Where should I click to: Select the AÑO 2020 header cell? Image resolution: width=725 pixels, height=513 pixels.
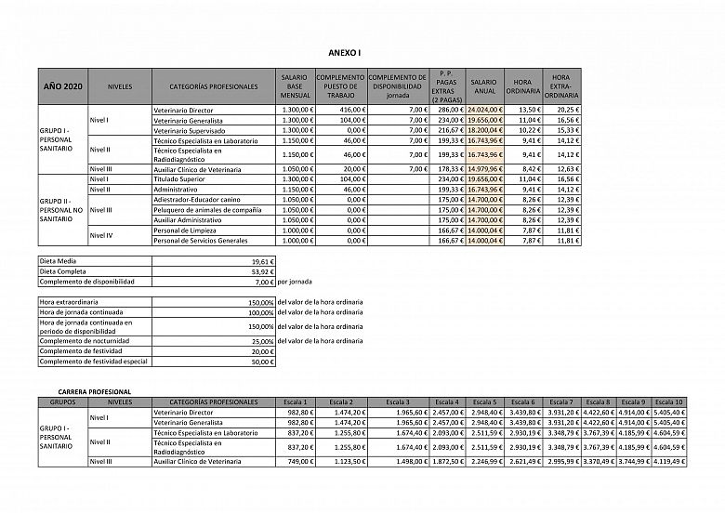[x=63, y=86]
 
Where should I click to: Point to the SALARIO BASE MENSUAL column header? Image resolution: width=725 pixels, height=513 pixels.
[x=296, y=86]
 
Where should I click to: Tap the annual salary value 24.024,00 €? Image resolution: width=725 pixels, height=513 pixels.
[x=484, y=110]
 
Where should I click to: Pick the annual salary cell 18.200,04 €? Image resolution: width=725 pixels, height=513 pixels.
[x=484, y=131]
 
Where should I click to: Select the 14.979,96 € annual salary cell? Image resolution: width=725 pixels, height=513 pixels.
[x=484, y=168]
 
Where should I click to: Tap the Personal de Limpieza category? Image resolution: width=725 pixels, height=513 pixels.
[x=183, y=230]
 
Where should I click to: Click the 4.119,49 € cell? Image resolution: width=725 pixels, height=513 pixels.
[x=668, y=460]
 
